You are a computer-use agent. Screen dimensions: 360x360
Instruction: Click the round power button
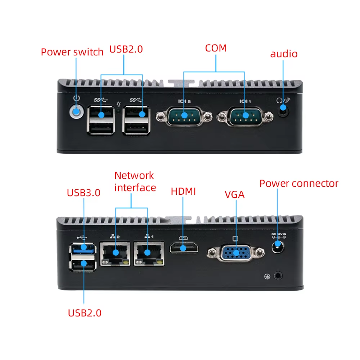(x=76, y=112)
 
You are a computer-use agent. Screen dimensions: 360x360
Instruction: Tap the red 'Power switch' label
(x=72, y=52)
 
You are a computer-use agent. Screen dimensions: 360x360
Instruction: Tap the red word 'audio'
(x=284, y=54)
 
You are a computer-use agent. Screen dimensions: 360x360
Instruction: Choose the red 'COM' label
(x=216, y=48)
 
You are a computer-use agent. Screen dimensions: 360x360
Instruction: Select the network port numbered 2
(x=116, y=253)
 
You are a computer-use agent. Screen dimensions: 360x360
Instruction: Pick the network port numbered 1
(x=148, y=253)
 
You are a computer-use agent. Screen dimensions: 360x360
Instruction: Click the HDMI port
(x=183, y=248)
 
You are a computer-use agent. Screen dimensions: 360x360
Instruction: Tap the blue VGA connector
(x=236, y=253)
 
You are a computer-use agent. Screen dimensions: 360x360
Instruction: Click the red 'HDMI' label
(x=183, y=192)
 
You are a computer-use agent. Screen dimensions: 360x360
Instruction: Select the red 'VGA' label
(x=234, y=195)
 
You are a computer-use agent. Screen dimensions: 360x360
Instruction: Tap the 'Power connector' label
(x=299, y=184)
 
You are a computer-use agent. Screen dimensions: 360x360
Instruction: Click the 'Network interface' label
(x=135, y=181)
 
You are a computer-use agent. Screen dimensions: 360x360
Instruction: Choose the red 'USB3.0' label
(x=84, y=193)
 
